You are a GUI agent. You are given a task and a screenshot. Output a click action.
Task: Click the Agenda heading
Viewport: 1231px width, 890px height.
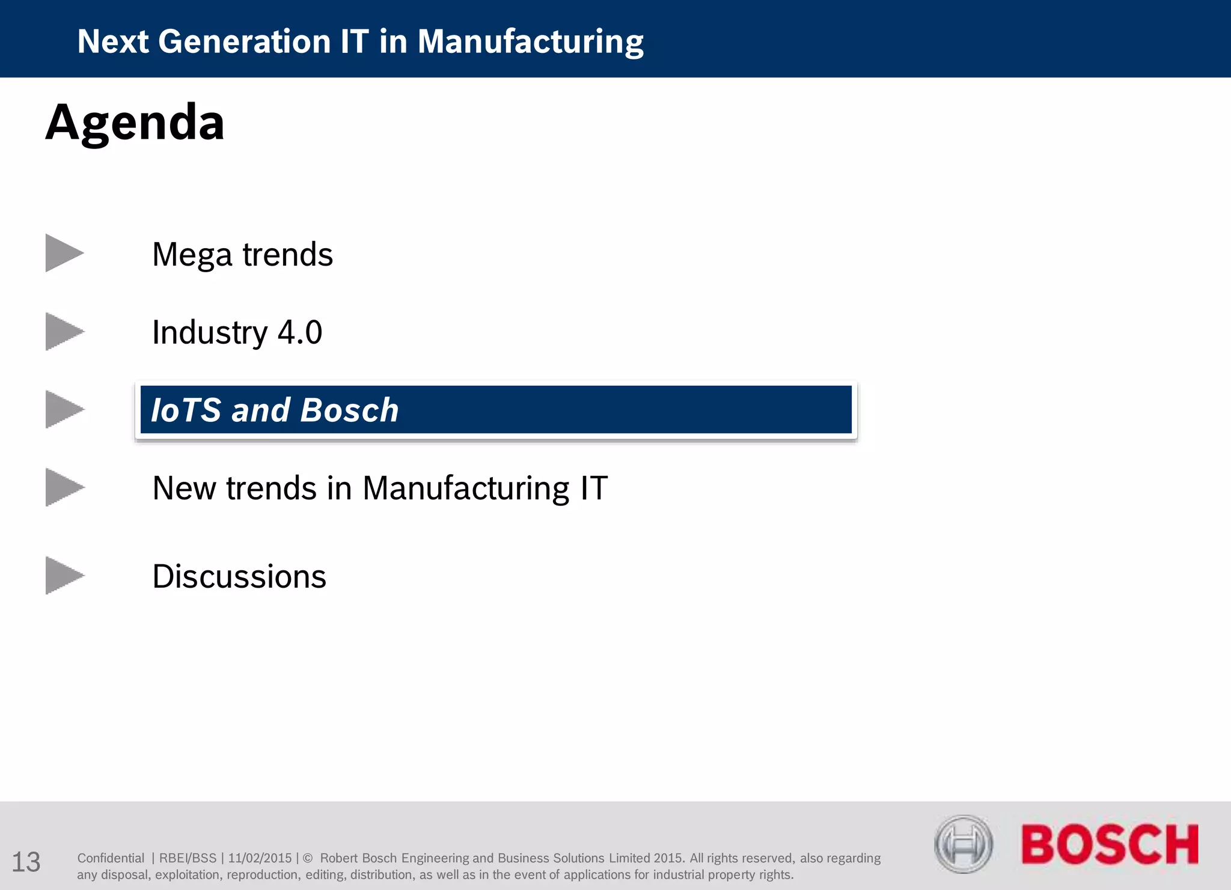pyautogui.click(x=135, y=123)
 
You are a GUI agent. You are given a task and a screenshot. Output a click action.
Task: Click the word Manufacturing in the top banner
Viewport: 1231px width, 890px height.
pyautogui.click(x=530, y=42)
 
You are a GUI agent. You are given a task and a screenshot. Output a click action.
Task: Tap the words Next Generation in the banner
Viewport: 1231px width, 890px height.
pyautogui.click(x=204, y=42)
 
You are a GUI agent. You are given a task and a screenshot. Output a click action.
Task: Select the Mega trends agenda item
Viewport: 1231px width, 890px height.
pyautogui.click(x=242, y=255)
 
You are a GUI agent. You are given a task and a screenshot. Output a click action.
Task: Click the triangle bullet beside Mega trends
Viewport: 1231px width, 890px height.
pyautogui.click(x=63, y=253)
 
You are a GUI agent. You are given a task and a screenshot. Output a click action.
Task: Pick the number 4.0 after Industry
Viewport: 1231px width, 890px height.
pyautogui.click(x=300, y=332)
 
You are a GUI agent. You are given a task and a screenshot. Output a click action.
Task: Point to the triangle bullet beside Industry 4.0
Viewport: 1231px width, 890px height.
pyautogui.click(x=63, y=332)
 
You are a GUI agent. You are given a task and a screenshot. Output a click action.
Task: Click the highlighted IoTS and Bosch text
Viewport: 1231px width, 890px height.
pyautogui.click(x=275, y=410)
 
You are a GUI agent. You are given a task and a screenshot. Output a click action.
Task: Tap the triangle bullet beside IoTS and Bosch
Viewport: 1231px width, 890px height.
pyautogui.click(x=63, y=410)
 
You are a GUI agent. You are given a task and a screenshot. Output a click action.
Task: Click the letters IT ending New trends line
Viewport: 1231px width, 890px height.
pyautogui.click(x=594, y=488)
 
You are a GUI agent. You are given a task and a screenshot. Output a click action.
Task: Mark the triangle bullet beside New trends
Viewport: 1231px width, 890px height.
pyautogui.click(x=63, y=487)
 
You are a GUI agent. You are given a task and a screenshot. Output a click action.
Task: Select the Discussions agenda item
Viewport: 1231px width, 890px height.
pyautogui.click(x=239, y=577)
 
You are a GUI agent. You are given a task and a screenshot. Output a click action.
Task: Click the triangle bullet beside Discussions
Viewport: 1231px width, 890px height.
pyautogui.click(x=63, y=576)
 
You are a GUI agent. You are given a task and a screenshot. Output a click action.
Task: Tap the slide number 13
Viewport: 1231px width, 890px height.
pyautogui.click(x=26, y=862)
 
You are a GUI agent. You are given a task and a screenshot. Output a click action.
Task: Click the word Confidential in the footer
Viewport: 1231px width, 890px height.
pyautogui.click(x=111, y=858)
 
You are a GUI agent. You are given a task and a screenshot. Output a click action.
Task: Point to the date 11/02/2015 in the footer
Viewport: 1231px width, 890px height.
pyautogui.click(x=260, y=858)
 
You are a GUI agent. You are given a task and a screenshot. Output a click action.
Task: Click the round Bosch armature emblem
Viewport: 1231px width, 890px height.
pyautogui.click(x=963, y=844)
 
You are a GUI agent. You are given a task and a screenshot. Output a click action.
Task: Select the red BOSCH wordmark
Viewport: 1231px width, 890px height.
pyautogui.click(x=1110, y=844)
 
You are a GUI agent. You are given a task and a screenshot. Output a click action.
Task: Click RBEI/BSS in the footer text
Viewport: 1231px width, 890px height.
pyautogui.click(x=188, y=858)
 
